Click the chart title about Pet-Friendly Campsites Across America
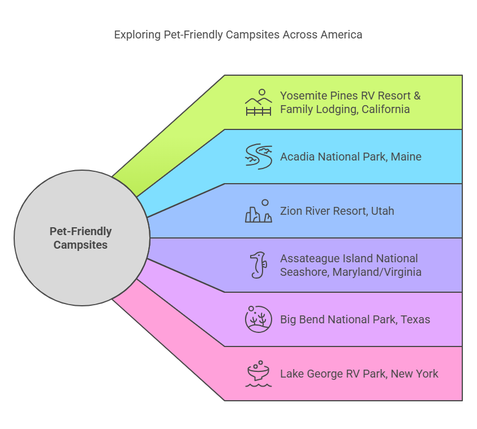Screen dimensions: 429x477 (238, 34)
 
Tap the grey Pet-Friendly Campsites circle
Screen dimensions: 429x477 (81, 238)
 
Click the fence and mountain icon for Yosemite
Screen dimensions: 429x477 (259, 102)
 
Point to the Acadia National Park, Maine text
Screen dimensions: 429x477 (350, 157)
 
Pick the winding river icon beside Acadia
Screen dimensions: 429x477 (259, 157)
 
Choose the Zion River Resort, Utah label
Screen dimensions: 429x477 (337, 211)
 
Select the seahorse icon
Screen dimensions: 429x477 (258, 265)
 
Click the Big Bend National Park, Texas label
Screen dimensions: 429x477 (355, 319)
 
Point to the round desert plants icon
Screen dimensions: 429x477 (259, 319)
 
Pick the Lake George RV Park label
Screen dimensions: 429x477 (359, 374)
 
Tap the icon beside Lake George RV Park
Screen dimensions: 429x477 (259, 374)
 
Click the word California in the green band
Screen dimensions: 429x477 (384, 109)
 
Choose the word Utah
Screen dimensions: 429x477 (383, 211)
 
